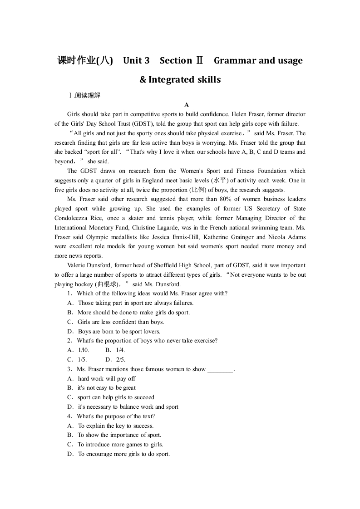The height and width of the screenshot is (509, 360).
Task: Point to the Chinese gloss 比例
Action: [x=198, y=190]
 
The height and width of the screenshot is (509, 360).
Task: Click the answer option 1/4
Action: [x=120, y=350]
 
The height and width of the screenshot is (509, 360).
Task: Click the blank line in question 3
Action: [x=220, y=370]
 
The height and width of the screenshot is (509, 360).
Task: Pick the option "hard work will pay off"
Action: [x=107, y=379]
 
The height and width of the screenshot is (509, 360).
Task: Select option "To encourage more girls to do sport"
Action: [x=123, y=454]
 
